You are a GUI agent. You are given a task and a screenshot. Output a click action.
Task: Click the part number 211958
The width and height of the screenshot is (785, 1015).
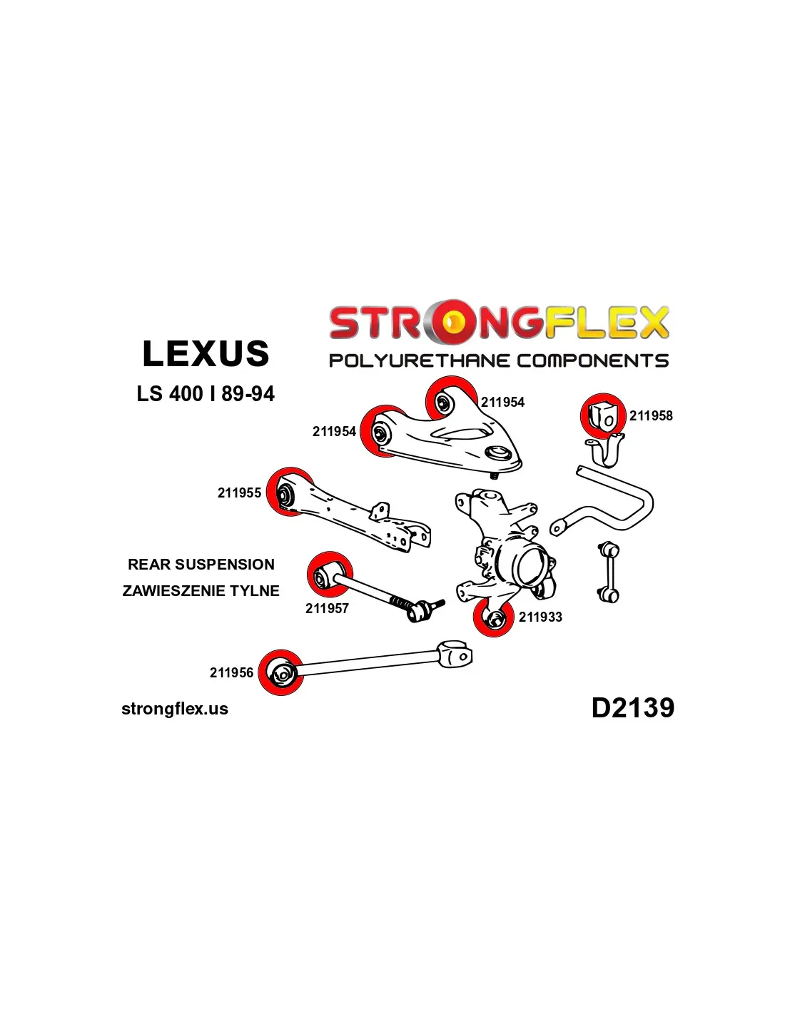pos(651,416)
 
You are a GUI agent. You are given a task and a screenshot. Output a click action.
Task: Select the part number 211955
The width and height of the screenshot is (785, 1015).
pos(239,493)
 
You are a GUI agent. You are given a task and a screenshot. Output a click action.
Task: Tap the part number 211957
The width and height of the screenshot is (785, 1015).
pos(327,609)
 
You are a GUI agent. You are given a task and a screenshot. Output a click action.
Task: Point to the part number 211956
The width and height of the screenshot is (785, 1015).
pos(231,673)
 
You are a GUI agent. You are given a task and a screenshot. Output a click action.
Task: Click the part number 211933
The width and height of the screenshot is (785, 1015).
pos(540,617)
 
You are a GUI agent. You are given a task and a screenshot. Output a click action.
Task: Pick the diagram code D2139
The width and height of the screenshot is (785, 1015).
pos(632,708)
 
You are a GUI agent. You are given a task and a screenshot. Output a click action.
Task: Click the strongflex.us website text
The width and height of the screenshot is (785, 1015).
pos(175,709)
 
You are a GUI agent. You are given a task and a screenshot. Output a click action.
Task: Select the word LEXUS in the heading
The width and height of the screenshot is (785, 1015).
pos(206,354)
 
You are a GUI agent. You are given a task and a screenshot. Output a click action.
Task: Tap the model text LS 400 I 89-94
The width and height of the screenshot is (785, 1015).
pos(206,394)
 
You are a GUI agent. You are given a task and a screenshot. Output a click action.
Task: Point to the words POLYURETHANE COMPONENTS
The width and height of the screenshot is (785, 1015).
pos(498,360)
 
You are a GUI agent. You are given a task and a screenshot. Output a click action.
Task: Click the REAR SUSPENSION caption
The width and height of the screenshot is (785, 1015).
pos(201,565)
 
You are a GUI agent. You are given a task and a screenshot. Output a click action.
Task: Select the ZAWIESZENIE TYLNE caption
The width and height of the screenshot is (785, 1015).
pos(201,591)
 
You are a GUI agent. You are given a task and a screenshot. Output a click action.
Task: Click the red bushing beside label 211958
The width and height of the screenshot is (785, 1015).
pos(602,415)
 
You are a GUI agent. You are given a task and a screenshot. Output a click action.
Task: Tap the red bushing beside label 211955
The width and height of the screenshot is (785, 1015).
pos(287,493)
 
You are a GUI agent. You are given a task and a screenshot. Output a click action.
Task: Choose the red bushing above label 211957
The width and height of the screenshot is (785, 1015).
pos(329,573)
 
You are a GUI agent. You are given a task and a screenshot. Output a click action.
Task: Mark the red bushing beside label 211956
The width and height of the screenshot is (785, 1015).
pos(281,672)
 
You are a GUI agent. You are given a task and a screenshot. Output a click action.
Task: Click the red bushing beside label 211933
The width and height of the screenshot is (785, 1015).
pos(494,617)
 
